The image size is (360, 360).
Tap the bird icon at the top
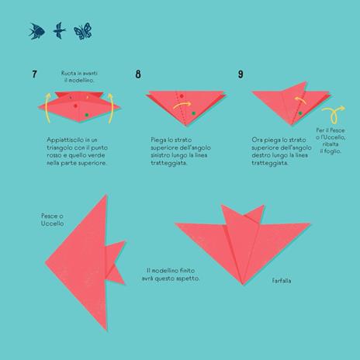(x=58, y=30)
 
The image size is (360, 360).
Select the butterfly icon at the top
(x=81, y=30)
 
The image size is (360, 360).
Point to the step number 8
(x=138, y=74)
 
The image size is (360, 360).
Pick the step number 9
(x=241, y=74)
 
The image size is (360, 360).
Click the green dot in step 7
(x=86, y=114)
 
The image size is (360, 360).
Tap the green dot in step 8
(x=192, y=114)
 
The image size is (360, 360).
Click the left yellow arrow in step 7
(x=47, y=108)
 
